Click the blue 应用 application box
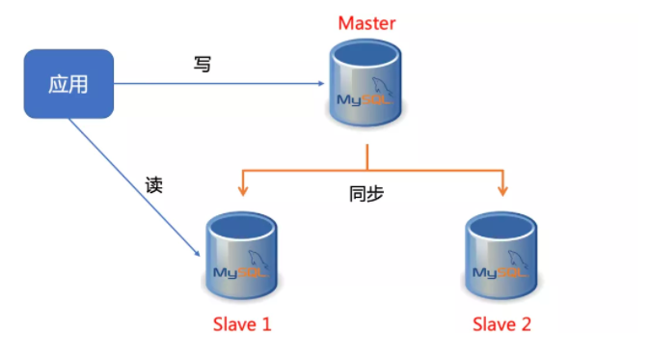[68, 84]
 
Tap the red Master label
[367, 22]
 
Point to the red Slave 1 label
[241, 324]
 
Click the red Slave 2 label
[502, 324]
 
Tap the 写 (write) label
[203, 65]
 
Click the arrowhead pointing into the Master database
[321, 84]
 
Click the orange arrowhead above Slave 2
[502, 190]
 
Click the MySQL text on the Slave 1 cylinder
[238, 271]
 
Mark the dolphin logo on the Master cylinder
[383, 83]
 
